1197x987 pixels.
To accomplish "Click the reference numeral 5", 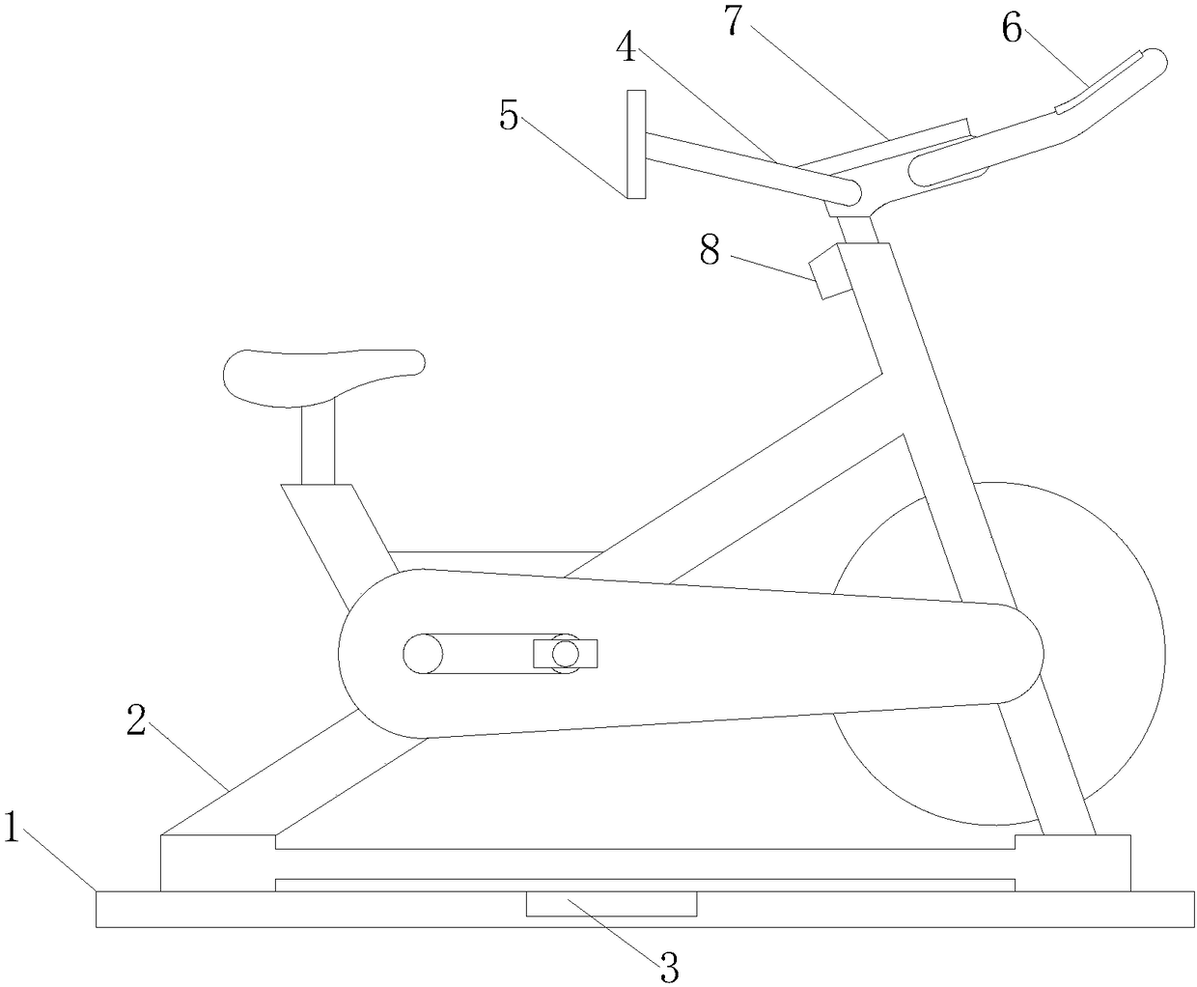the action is [509, 116].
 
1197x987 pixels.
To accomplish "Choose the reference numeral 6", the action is [1011, 29].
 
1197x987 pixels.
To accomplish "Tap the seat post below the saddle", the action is [318, 444].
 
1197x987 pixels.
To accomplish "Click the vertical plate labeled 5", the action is [636, 144].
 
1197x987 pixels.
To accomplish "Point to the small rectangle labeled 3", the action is [610, 904].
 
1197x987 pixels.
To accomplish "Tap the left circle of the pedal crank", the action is [422, 654].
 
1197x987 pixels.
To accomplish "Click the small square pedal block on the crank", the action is [566, 654].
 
